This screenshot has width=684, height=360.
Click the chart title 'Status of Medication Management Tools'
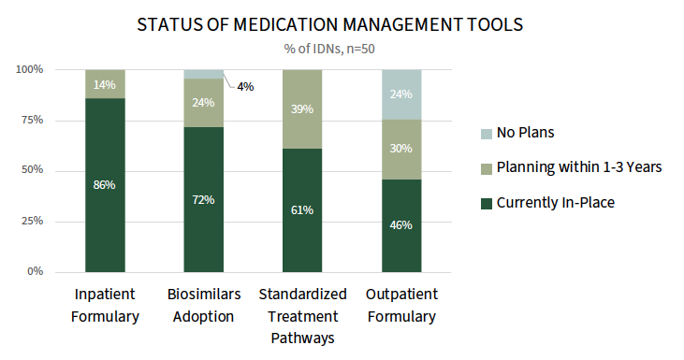[329, 24]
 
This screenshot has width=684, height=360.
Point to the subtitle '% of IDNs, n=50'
[329, 49]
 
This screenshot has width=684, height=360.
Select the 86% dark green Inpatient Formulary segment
[105, 185]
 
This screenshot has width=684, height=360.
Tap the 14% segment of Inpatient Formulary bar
[105, 84]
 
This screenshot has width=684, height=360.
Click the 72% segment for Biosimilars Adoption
[204, 199]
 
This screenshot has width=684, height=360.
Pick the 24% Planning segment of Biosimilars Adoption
[204, 103]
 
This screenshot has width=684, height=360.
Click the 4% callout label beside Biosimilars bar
[245, 87]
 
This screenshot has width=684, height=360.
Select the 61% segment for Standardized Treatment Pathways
[302, 210]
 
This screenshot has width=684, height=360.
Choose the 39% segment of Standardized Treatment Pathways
[302, 109]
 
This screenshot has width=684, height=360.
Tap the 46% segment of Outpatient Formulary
[401, 225]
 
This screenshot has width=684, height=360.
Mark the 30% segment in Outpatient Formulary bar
[401, 150]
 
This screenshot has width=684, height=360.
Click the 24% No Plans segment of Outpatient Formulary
[401, 94]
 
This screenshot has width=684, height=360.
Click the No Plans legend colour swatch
[487, 134]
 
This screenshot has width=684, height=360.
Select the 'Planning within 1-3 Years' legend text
[579, 167]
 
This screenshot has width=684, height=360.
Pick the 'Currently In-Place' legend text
[555, 203]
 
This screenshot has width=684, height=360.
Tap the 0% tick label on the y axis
[35, 271]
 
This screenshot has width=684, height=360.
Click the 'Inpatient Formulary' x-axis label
[105, 305]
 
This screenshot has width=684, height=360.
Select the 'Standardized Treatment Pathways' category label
[302, 316]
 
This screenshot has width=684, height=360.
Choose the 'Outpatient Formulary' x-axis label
[401, 305]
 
